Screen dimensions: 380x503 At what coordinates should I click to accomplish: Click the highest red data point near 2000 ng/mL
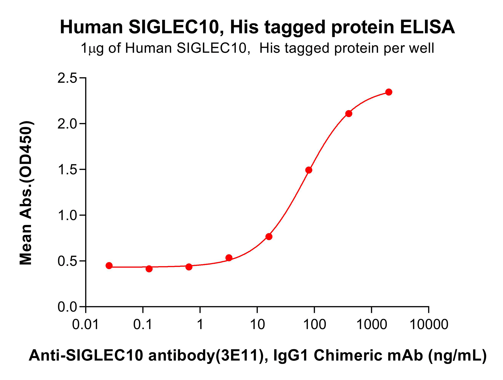tap(389, 92)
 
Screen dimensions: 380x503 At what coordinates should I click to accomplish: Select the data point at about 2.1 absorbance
tap(349, 114)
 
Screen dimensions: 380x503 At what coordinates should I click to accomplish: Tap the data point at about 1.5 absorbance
tap(309, 170)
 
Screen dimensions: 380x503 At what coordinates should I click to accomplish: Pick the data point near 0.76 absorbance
tap(269, 237)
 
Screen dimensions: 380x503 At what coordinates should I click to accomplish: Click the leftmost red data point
tap(109, 266)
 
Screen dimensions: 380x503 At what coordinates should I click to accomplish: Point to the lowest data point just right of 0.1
tap(149, 269)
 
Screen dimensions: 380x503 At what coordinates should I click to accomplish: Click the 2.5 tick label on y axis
tap(67, 78)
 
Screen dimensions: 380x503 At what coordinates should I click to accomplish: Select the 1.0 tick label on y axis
tap(67, 216)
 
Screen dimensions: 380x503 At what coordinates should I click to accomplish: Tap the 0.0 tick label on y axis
tap(67, 307)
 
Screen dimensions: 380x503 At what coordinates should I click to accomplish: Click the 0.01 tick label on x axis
tap(85, 325)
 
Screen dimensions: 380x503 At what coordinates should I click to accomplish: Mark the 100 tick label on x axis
tap(315, 325)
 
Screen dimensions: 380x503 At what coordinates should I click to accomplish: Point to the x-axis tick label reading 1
tap(200, 325)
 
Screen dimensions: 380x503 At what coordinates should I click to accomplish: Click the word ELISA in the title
tap(427, 27)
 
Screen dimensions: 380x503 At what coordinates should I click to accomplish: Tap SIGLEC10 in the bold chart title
tap(174, 27)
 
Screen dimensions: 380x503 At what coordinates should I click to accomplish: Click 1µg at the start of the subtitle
tap(92, 48)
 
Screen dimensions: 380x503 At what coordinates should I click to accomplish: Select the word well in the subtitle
tap(422, 48)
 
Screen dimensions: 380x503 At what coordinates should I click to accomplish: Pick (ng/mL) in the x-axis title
tap(457, 355)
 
